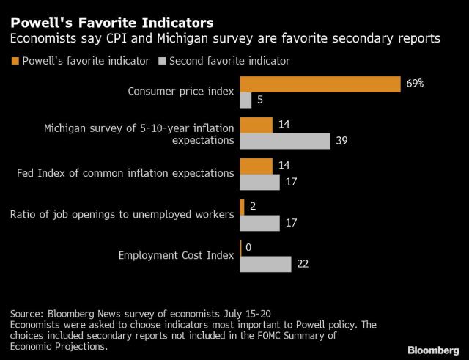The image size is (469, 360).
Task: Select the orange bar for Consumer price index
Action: (320, 84)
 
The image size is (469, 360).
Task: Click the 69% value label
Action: (415, 84)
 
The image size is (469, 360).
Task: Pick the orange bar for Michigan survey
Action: (256, 125)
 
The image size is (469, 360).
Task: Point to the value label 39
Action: (340, 141)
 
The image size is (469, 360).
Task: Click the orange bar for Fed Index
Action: (256, 166)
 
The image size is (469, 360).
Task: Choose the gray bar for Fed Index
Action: (259, 182)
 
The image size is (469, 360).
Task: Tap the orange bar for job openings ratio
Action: (242, 207)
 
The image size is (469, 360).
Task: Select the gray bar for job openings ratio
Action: (259, 223)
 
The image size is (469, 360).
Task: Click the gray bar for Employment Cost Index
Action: (265, 264)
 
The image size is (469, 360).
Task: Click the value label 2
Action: (253, 207)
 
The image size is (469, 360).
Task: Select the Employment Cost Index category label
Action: (176, 255)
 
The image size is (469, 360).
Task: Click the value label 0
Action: (249, 248)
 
